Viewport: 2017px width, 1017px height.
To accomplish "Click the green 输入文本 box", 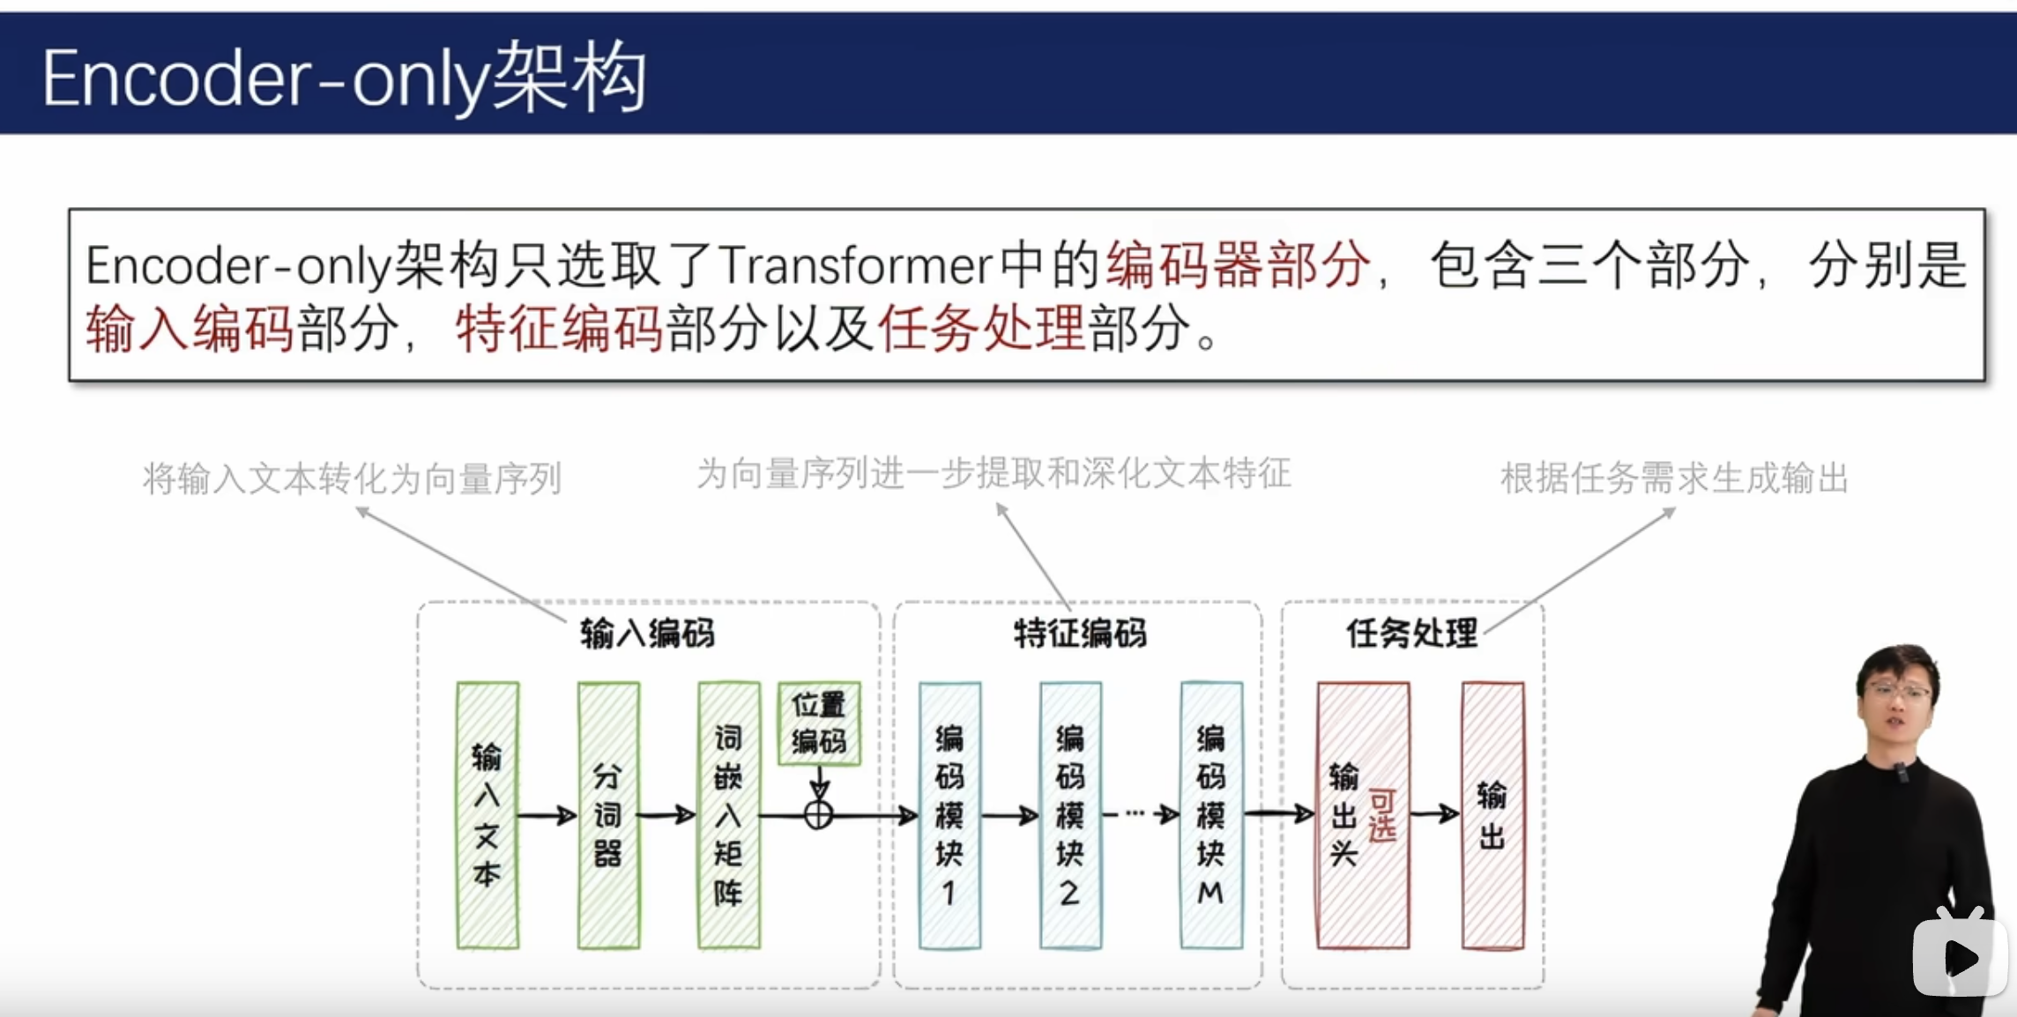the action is (488, 815).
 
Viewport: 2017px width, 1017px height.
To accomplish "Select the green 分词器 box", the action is (608, 815).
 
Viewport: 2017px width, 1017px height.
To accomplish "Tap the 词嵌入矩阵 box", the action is (729, 815).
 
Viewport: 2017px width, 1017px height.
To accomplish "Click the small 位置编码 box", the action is (819, 723).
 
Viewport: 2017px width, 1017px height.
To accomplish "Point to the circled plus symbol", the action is (818, 815).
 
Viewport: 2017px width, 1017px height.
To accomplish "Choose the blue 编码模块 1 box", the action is (949, 815).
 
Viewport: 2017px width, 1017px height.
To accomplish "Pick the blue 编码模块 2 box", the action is (1070, 815).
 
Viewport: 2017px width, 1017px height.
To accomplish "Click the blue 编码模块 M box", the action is (1211, 815).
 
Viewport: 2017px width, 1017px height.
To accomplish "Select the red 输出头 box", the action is (1363, 815).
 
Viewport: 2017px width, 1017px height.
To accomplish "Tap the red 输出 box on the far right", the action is (1492, 815).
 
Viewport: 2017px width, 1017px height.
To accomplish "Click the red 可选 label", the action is (1382, 815).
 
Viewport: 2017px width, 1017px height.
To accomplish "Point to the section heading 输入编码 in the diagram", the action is (647, 633).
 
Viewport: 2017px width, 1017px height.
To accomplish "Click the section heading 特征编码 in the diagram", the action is (1080, 633).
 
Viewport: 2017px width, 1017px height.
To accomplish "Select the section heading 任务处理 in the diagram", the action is (1411, 633).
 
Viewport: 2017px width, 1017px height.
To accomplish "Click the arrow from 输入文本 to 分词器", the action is (547, 816).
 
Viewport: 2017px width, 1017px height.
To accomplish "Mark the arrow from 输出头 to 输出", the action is (1435, 813).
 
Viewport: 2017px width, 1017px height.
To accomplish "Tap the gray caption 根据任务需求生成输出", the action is (1674, 479).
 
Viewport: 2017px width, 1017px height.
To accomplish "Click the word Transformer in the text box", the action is (855, 265).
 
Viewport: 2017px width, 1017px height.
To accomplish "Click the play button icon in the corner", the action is (1959, 956).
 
